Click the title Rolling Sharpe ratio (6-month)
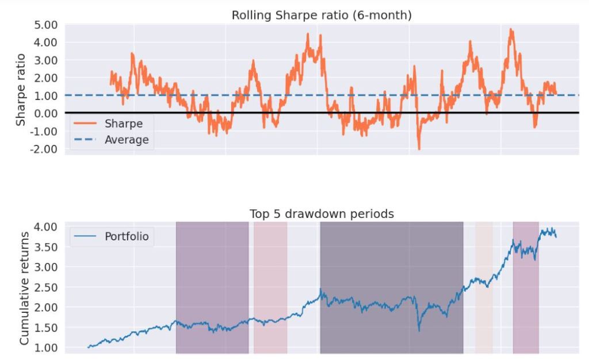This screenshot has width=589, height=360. [322, 16]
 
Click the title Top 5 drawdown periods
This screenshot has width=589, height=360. [322, 214]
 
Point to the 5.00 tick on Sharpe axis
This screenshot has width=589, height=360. [47, 25]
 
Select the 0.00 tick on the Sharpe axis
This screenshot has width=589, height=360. [47, 113]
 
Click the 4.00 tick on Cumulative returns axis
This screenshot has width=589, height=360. [47, 227]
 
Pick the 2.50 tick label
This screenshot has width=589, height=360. [47, 287]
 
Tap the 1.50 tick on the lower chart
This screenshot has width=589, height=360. [47, 328]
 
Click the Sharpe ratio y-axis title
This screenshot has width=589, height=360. [21, 90]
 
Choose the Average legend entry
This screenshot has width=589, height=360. [126, 140]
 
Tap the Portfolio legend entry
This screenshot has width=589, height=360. [127, 236]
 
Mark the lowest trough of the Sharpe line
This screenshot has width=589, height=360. [419, 149]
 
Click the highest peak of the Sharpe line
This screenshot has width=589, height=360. [511, 29]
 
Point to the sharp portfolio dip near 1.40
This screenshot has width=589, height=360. [419, 331]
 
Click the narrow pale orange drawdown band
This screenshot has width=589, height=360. [484, 288]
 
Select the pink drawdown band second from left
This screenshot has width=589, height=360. [270, 288]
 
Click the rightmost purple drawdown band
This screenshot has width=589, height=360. [526, 288]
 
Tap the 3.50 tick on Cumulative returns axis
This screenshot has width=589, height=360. [47, 247]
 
